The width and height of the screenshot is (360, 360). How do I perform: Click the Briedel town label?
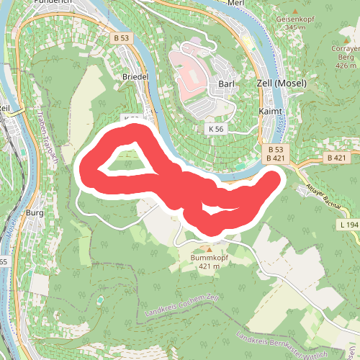(x=135, y=76)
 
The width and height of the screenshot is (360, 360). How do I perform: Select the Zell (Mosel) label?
(x=282, y=84)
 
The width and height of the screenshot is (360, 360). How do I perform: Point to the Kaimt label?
(x=270, y=112)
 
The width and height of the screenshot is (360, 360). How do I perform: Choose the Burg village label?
(x=35, y=213)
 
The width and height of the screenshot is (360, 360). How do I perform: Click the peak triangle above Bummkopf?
(x=200, y=249)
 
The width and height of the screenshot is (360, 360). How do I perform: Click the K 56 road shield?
(x=215, y=127)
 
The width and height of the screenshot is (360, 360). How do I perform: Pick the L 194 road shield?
(x=348, y=225)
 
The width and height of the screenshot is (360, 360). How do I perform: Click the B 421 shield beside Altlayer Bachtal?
(x=336, y=157)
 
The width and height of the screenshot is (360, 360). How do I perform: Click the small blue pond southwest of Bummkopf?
(x=100, y=300)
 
